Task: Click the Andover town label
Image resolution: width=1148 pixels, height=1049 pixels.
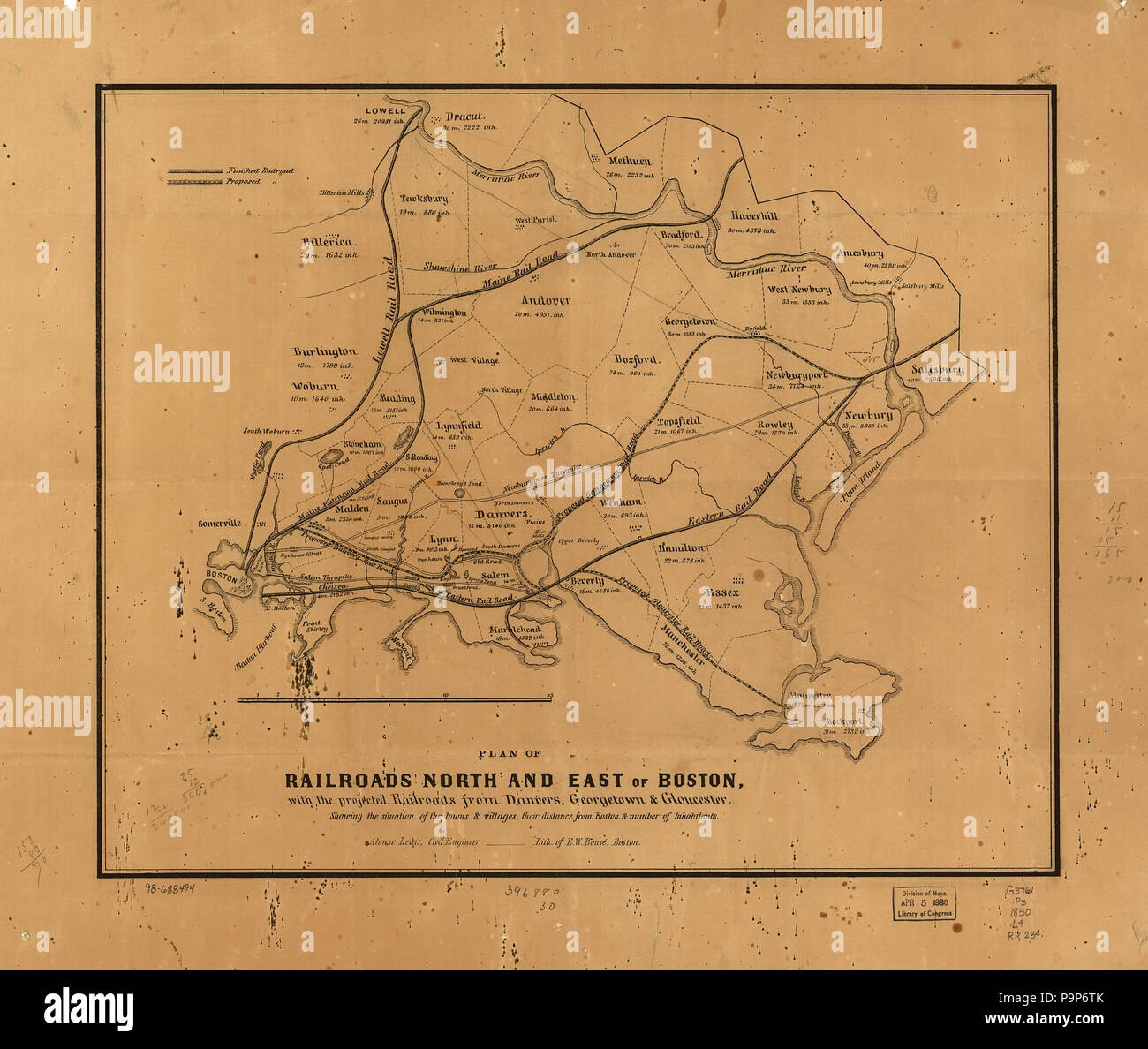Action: (x=545, y=300)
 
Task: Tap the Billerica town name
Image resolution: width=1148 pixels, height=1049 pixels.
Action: (x=327, y=242)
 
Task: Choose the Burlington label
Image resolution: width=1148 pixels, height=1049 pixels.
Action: (x=324, y=352)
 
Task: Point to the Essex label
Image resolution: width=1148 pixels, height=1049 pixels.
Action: (x=722, y=592)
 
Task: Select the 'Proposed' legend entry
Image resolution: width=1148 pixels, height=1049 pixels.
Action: (x=242, y=180)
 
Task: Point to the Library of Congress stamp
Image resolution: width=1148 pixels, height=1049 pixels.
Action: (x=924, y=902)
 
